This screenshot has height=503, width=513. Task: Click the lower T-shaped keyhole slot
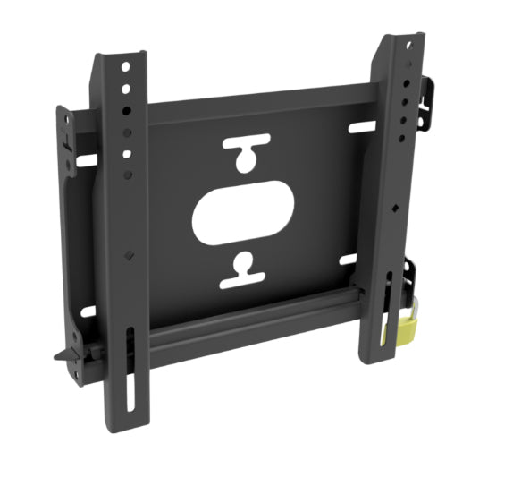(244, 272)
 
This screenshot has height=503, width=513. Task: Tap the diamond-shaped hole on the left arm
(129, 254)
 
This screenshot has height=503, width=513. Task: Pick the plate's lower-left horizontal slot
(88, 312)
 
